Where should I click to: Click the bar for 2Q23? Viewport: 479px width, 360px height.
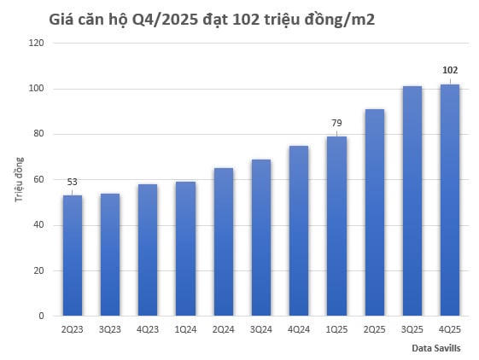(72, 256)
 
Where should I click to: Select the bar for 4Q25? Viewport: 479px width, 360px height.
(449, 200)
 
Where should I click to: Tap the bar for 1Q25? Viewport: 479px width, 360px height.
(336, 226)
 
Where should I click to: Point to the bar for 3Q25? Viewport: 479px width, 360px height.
(412, 201)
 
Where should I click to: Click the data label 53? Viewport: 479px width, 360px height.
(72, 181)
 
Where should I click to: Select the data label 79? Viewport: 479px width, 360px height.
(336, 122)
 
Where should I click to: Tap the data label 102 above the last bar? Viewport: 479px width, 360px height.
(450, 70)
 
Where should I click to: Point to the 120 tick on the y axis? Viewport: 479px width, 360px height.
(37, 44)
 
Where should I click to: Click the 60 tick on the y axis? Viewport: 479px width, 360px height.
(39, 180)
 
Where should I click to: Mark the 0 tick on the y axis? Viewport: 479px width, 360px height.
(42, 316)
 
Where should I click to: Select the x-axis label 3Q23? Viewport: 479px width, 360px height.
(109, 328)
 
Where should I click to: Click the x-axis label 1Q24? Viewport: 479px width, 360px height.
(185, 328)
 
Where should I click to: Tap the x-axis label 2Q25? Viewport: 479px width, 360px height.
(374, 328)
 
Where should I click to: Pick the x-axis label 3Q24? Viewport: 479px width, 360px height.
(260, 328)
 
